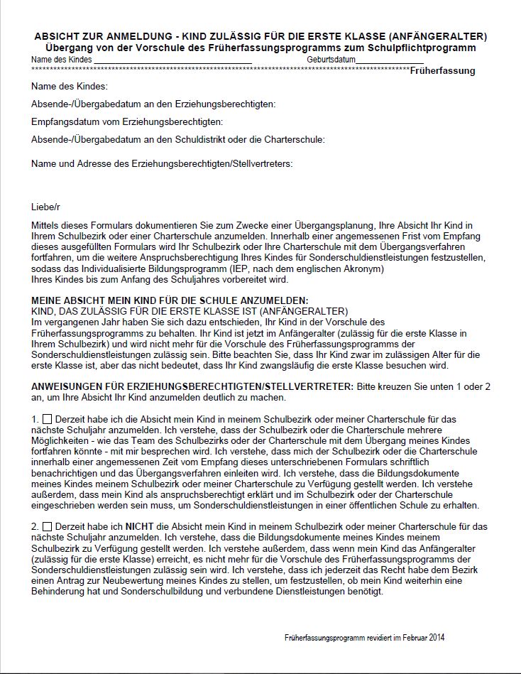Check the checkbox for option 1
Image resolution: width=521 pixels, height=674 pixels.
[48, 420]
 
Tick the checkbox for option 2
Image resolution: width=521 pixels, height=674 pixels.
[48, 527]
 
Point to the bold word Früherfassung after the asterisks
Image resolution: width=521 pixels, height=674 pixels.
[442, 71]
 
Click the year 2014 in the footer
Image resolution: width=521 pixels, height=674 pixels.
[437, 638]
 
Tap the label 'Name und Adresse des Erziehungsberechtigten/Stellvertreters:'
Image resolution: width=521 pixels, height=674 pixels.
[162, 163]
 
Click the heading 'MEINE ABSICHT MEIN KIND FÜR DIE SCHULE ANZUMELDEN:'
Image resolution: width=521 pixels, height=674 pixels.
[170, 301]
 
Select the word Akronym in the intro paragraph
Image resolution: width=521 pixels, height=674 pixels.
[366, 269]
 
